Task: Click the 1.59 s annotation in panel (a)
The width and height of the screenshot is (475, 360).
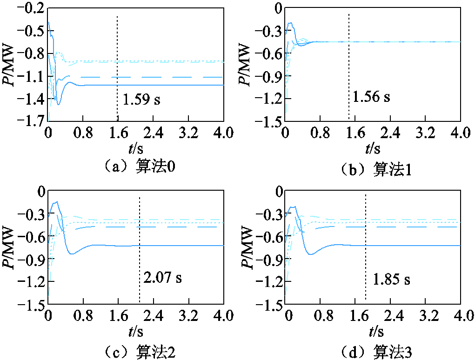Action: coord(142,100)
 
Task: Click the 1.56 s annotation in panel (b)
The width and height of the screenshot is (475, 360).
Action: coord(371,97)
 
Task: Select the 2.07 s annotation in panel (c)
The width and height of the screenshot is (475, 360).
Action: coord(162,278)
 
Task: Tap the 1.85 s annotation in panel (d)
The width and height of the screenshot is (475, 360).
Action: coord(391,280)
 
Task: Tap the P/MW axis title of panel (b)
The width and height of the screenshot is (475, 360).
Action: coord(245,64)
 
